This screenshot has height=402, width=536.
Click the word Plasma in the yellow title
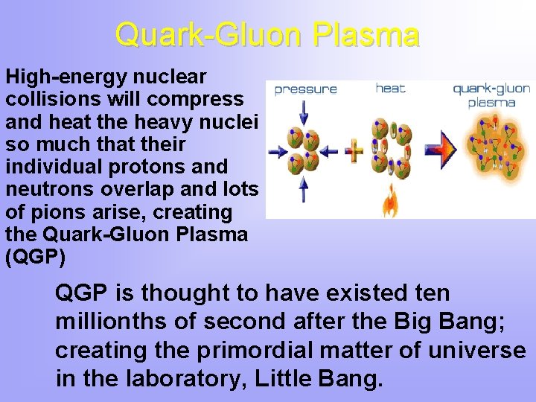(366, 34)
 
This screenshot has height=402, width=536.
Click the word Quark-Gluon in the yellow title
(208, 34)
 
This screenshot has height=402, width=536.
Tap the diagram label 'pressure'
(306, 89)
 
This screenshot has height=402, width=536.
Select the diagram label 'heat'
(390, 88)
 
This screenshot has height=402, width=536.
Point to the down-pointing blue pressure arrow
(304, 113)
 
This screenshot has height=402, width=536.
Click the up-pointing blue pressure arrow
(304, 190)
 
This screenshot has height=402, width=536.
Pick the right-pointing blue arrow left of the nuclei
(278, 151)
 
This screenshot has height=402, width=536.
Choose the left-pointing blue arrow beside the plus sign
(329, 151)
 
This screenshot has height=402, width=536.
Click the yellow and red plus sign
(354, 151)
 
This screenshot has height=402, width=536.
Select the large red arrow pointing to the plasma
(441, 150)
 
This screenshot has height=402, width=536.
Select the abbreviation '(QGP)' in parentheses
(35, 256)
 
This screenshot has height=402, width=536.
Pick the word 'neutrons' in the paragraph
(50, 190)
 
